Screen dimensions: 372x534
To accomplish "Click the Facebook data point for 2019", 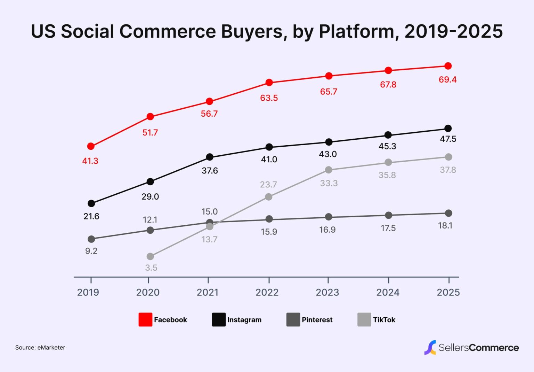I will [x=91, y=146].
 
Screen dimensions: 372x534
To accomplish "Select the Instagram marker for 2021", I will [x=210, y=157].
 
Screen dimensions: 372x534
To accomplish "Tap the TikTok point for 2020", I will [x=150, y=256].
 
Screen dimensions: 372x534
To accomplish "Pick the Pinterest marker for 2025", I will [x=448, y=213].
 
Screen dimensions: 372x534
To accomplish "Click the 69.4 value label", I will [x=447, y=80].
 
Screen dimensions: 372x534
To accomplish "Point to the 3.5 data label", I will [x=151, y=268].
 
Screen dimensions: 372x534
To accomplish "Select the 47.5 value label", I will [x=448, y=139].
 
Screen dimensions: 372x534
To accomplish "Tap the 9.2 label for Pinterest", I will [x=91, y=251].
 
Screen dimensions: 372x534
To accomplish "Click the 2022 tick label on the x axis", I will [x=267, y=292].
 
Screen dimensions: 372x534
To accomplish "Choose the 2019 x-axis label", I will [x=88, y=292].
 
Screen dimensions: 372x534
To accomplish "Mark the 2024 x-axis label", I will [x=388, y=292].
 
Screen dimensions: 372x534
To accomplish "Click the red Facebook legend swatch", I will [x=145, y=319].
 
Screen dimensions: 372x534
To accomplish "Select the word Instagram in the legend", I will [x=244, y=320].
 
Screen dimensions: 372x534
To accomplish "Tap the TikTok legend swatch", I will [x=364, y=319].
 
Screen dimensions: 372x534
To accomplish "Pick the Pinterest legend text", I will [x=317, y=320].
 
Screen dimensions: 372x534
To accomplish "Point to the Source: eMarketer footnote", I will [x=40, y=348].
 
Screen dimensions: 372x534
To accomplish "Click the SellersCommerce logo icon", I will [x=430, y=348].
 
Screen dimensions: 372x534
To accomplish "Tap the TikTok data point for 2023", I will [x=329, y=170].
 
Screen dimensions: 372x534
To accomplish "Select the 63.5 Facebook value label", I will [x=269, y=98].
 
